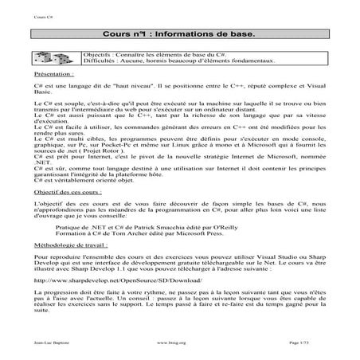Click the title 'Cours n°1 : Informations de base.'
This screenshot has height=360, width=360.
coord(179,36)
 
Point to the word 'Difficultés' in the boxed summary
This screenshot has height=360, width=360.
coord(100,60)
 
